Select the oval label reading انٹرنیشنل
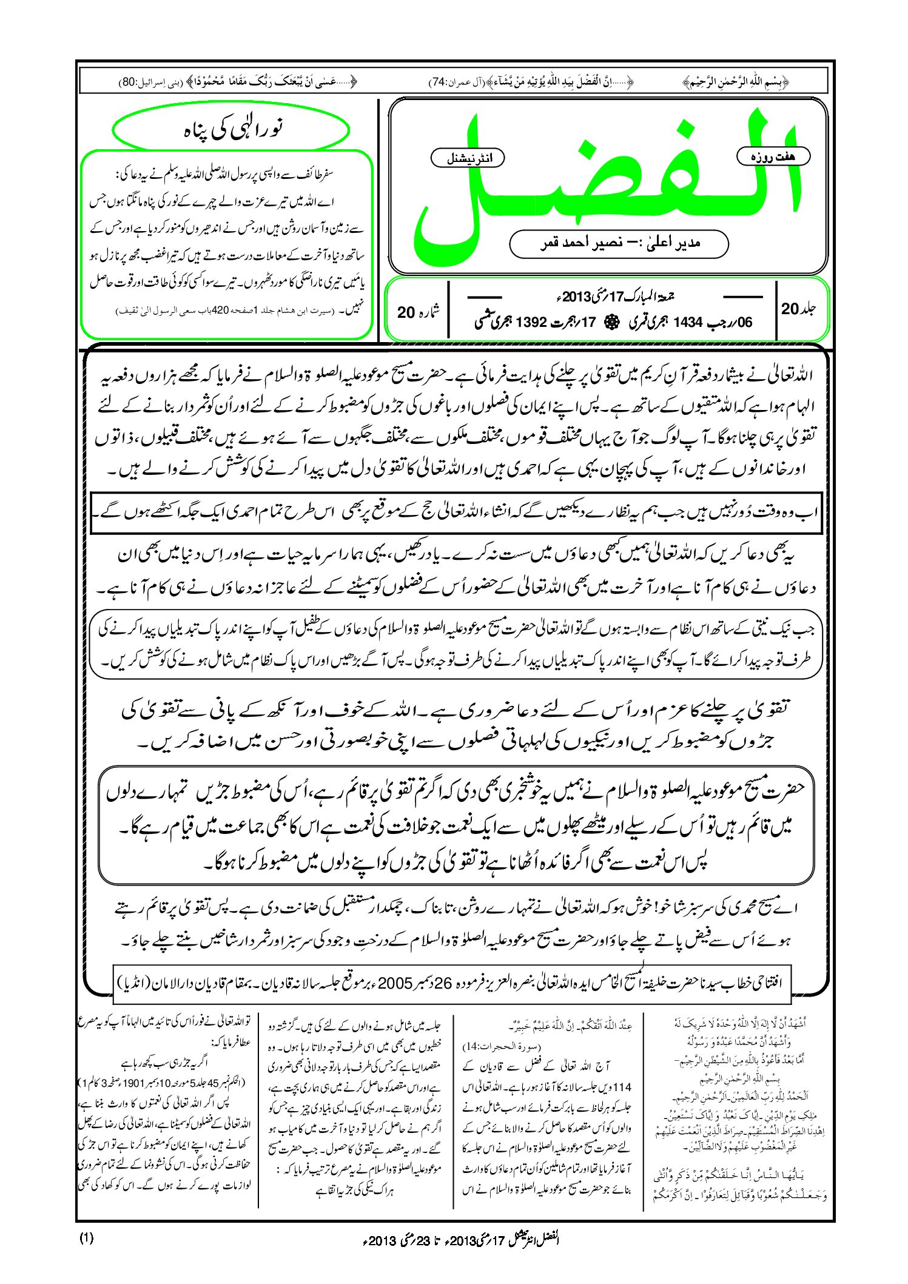[x=467, y=158]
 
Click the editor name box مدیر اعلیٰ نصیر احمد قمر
[x=619, y=243]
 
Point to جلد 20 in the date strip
[x=799, y=308]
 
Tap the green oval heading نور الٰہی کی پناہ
[x=232, y=130]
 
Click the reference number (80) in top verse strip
[x=128, y=82]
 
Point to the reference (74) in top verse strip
[x=438, y=82]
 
